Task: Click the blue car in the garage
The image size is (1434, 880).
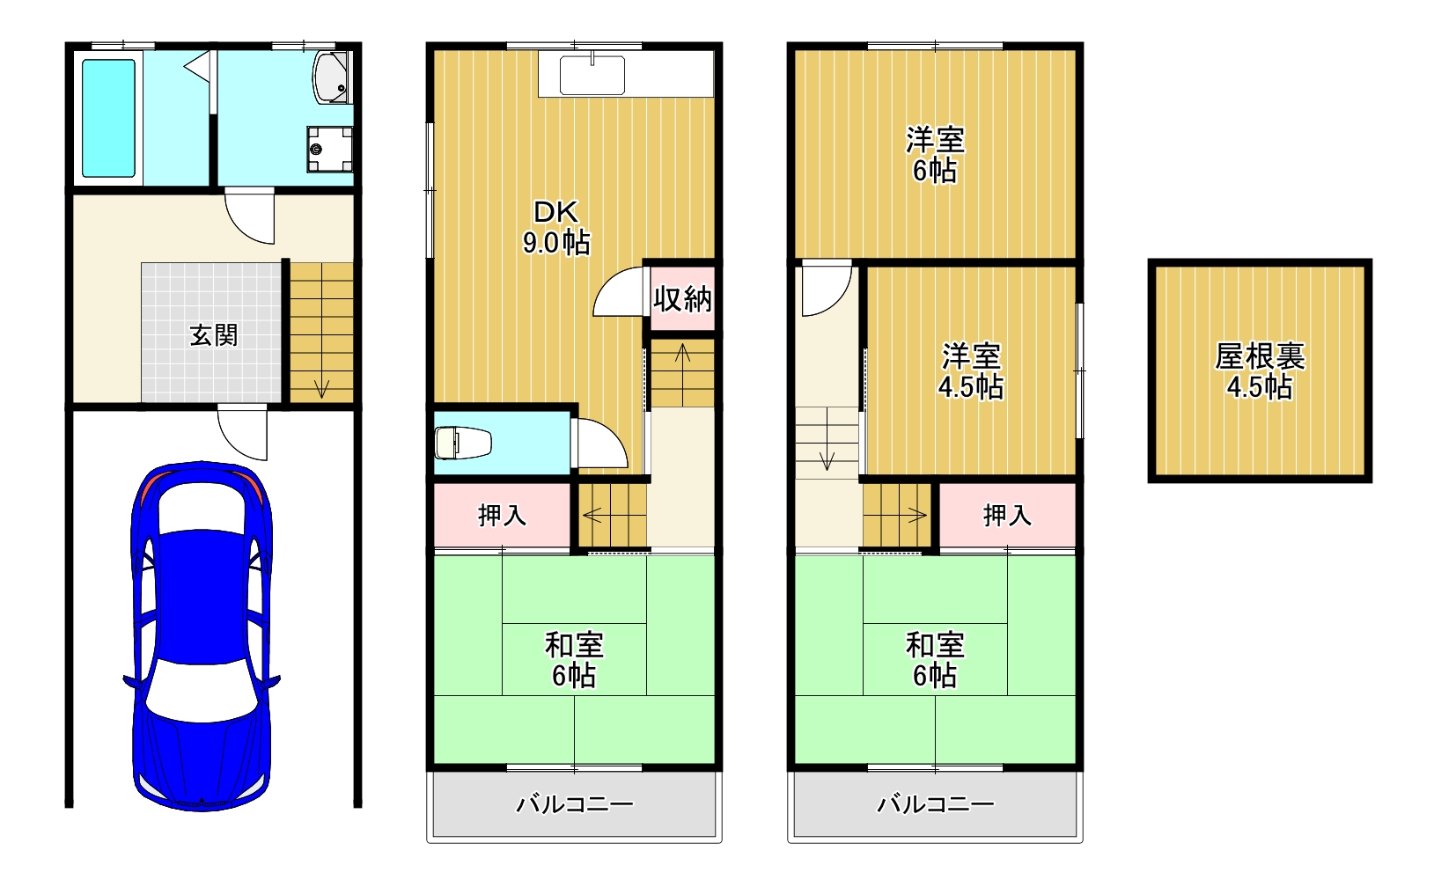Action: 202,634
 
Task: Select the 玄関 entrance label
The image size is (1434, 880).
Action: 214,335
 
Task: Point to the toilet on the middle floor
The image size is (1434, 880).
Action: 464,442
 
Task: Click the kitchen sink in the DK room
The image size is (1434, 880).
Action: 592,76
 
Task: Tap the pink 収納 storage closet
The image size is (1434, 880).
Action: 682,299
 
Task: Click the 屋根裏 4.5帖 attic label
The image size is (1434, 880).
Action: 1260,370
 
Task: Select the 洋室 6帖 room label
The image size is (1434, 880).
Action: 935,154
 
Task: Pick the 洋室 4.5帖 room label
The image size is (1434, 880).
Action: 971,370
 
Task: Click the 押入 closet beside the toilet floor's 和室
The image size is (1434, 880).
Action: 502,515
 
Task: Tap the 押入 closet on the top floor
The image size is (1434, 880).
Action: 1007,515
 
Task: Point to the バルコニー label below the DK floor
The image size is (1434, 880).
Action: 574,804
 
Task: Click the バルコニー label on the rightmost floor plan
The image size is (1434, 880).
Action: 935,804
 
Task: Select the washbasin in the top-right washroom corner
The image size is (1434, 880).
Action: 332,77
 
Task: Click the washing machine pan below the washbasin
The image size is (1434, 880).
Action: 329,149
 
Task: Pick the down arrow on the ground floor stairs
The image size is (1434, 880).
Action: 321,386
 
